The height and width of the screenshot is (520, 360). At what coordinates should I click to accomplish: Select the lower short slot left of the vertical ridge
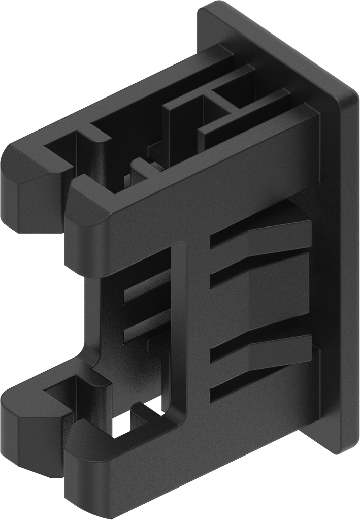(147, 325)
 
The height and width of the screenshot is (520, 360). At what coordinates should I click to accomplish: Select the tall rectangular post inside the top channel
(183, 127)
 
